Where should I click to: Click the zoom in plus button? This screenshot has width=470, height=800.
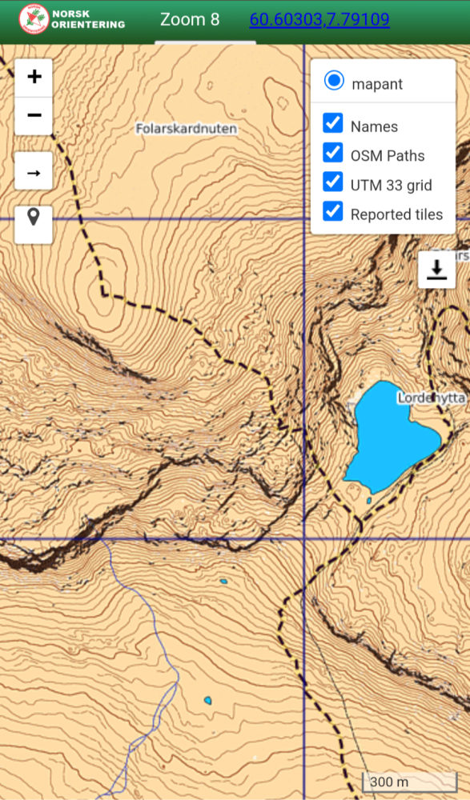click(34, 77)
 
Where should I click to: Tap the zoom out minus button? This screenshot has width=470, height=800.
click(34, 115)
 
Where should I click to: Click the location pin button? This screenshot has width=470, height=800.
click(34, 216)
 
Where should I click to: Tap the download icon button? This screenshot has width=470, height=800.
click(436, 270)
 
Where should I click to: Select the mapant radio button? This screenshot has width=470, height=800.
click(334, 81)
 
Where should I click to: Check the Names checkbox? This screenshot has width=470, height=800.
click(333, 124)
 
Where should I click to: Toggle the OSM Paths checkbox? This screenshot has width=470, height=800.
click(333, 154)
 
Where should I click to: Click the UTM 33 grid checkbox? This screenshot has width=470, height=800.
click(333, 183)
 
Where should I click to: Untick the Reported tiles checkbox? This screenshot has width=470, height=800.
click(333, 212)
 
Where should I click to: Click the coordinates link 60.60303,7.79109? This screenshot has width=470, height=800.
click(319, 19)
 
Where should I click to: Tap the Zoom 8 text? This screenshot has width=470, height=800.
click(190, 19)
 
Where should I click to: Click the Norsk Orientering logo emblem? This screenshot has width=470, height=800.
click(33, 20)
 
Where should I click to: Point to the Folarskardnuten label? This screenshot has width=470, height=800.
click(187, 128)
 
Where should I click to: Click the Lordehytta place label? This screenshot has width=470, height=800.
click(431, 397)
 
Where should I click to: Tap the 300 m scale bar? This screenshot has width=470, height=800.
click(408, 782)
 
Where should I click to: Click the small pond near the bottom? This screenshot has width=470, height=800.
click(207, 701)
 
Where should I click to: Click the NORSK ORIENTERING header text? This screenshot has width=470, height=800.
click(88, 19)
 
